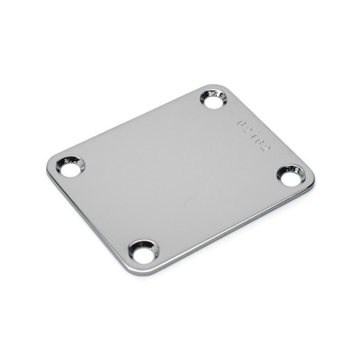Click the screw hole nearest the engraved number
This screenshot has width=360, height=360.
214,100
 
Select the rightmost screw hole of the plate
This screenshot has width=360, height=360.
292,177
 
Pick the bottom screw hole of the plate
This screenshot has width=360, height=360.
144,252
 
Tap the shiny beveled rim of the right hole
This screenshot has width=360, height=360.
301,172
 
